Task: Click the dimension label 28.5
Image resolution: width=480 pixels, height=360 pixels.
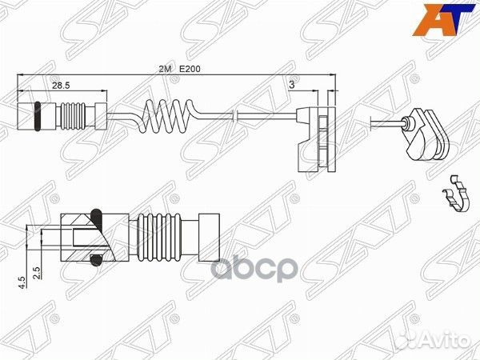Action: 61,86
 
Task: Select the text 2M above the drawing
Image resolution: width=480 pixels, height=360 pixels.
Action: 165,69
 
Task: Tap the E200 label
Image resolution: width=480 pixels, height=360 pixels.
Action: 190,69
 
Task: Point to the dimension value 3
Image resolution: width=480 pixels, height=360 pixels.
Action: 292,85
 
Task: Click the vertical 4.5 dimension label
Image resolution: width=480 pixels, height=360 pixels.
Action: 22,282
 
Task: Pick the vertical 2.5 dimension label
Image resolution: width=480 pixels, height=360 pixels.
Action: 37,273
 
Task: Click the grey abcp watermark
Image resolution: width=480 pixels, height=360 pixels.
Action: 254,270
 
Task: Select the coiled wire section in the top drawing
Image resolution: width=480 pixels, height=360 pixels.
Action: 167,116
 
